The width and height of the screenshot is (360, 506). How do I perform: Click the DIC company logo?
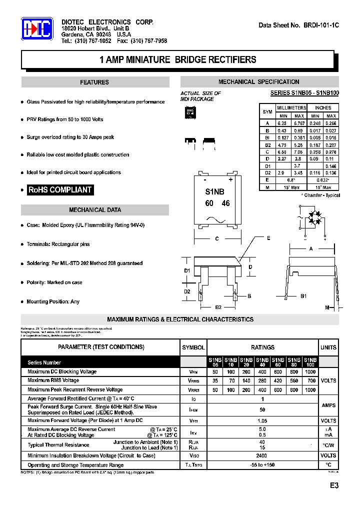coord(36,29)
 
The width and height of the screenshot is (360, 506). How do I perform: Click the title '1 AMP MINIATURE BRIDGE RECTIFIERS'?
coord(177,60)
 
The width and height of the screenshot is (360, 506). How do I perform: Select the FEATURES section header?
coord(94,82)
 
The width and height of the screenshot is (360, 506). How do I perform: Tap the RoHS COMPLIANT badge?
coord(60,190)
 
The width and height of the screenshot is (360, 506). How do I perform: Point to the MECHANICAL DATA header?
coord(94,210)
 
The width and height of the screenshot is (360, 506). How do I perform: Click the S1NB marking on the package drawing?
coord(215,192)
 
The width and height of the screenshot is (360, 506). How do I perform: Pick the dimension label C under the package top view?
coord(217,239)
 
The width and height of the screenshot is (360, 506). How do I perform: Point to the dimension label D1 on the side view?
coord(187,271)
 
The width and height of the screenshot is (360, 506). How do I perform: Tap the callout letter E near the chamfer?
coord(268,238)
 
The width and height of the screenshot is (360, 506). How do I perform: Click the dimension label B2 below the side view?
coord(218,307)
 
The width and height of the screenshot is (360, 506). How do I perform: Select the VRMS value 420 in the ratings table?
coord(278,380)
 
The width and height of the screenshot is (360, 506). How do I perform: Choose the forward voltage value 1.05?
coord(262,421)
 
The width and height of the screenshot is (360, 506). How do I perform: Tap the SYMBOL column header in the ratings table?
coord(193,347)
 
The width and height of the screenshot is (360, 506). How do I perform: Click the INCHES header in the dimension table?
coord(323,108)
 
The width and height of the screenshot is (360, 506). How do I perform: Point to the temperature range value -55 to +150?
coord(262,465)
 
